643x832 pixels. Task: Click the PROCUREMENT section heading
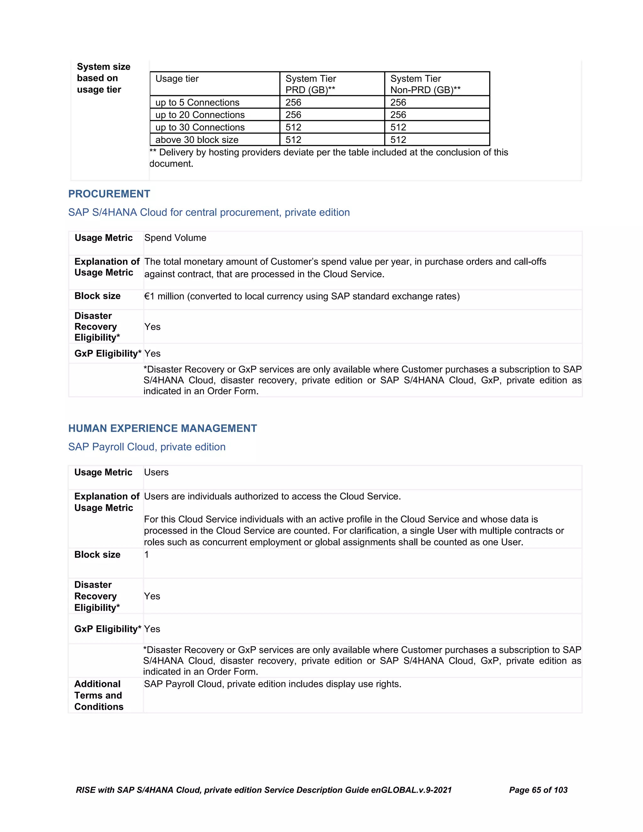click(x=109, y=194)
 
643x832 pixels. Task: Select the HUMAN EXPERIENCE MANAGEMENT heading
click(x=162, y=428)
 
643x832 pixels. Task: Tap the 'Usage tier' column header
click(x=177, y=79)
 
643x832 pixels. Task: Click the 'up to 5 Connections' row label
click(x=197, y=102)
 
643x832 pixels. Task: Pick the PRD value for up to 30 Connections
click(x=293, y=127)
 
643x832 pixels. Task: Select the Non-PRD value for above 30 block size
click(x=398, y=140)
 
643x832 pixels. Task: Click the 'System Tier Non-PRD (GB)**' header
click(x=425, y=84)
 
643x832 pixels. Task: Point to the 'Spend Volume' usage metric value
click(x=175, y=238)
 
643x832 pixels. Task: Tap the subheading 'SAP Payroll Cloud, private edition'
click(x=147, y=447)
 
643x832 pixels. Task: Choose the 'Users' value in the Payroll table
click(x=156, y=473)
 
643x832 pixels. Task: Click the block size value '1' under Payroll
click(x=147, y=555)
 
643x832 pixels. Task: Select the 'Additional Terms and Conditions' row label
click(x=99, y=695)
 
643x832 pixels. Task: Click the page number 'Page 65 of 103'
click(x=538, y=790)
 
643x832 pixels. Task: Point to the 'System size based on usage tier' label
click(x=103, y=78)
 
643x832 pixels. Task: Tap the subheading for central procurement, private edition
click(x=209, y=213)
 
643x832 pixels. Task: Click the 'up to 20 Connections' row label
click(x=200, y=115)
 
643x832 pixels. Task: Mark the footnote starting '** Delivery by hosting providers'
click(x=328, y=158)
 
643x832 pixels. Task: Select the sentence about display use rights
click(x=272, y=684)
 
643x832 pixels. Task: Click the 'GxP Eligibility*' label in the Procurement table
click(x=107, y=354)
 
